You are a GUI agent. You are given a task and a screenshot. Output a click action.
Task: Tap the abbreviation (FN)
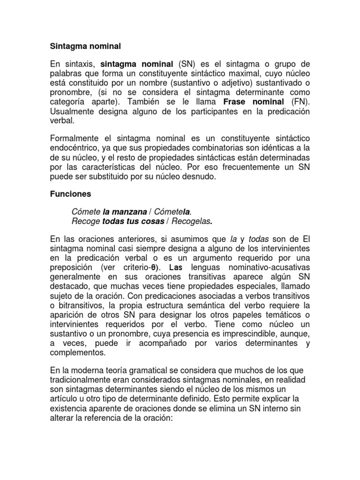click(x=300, y=102)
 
